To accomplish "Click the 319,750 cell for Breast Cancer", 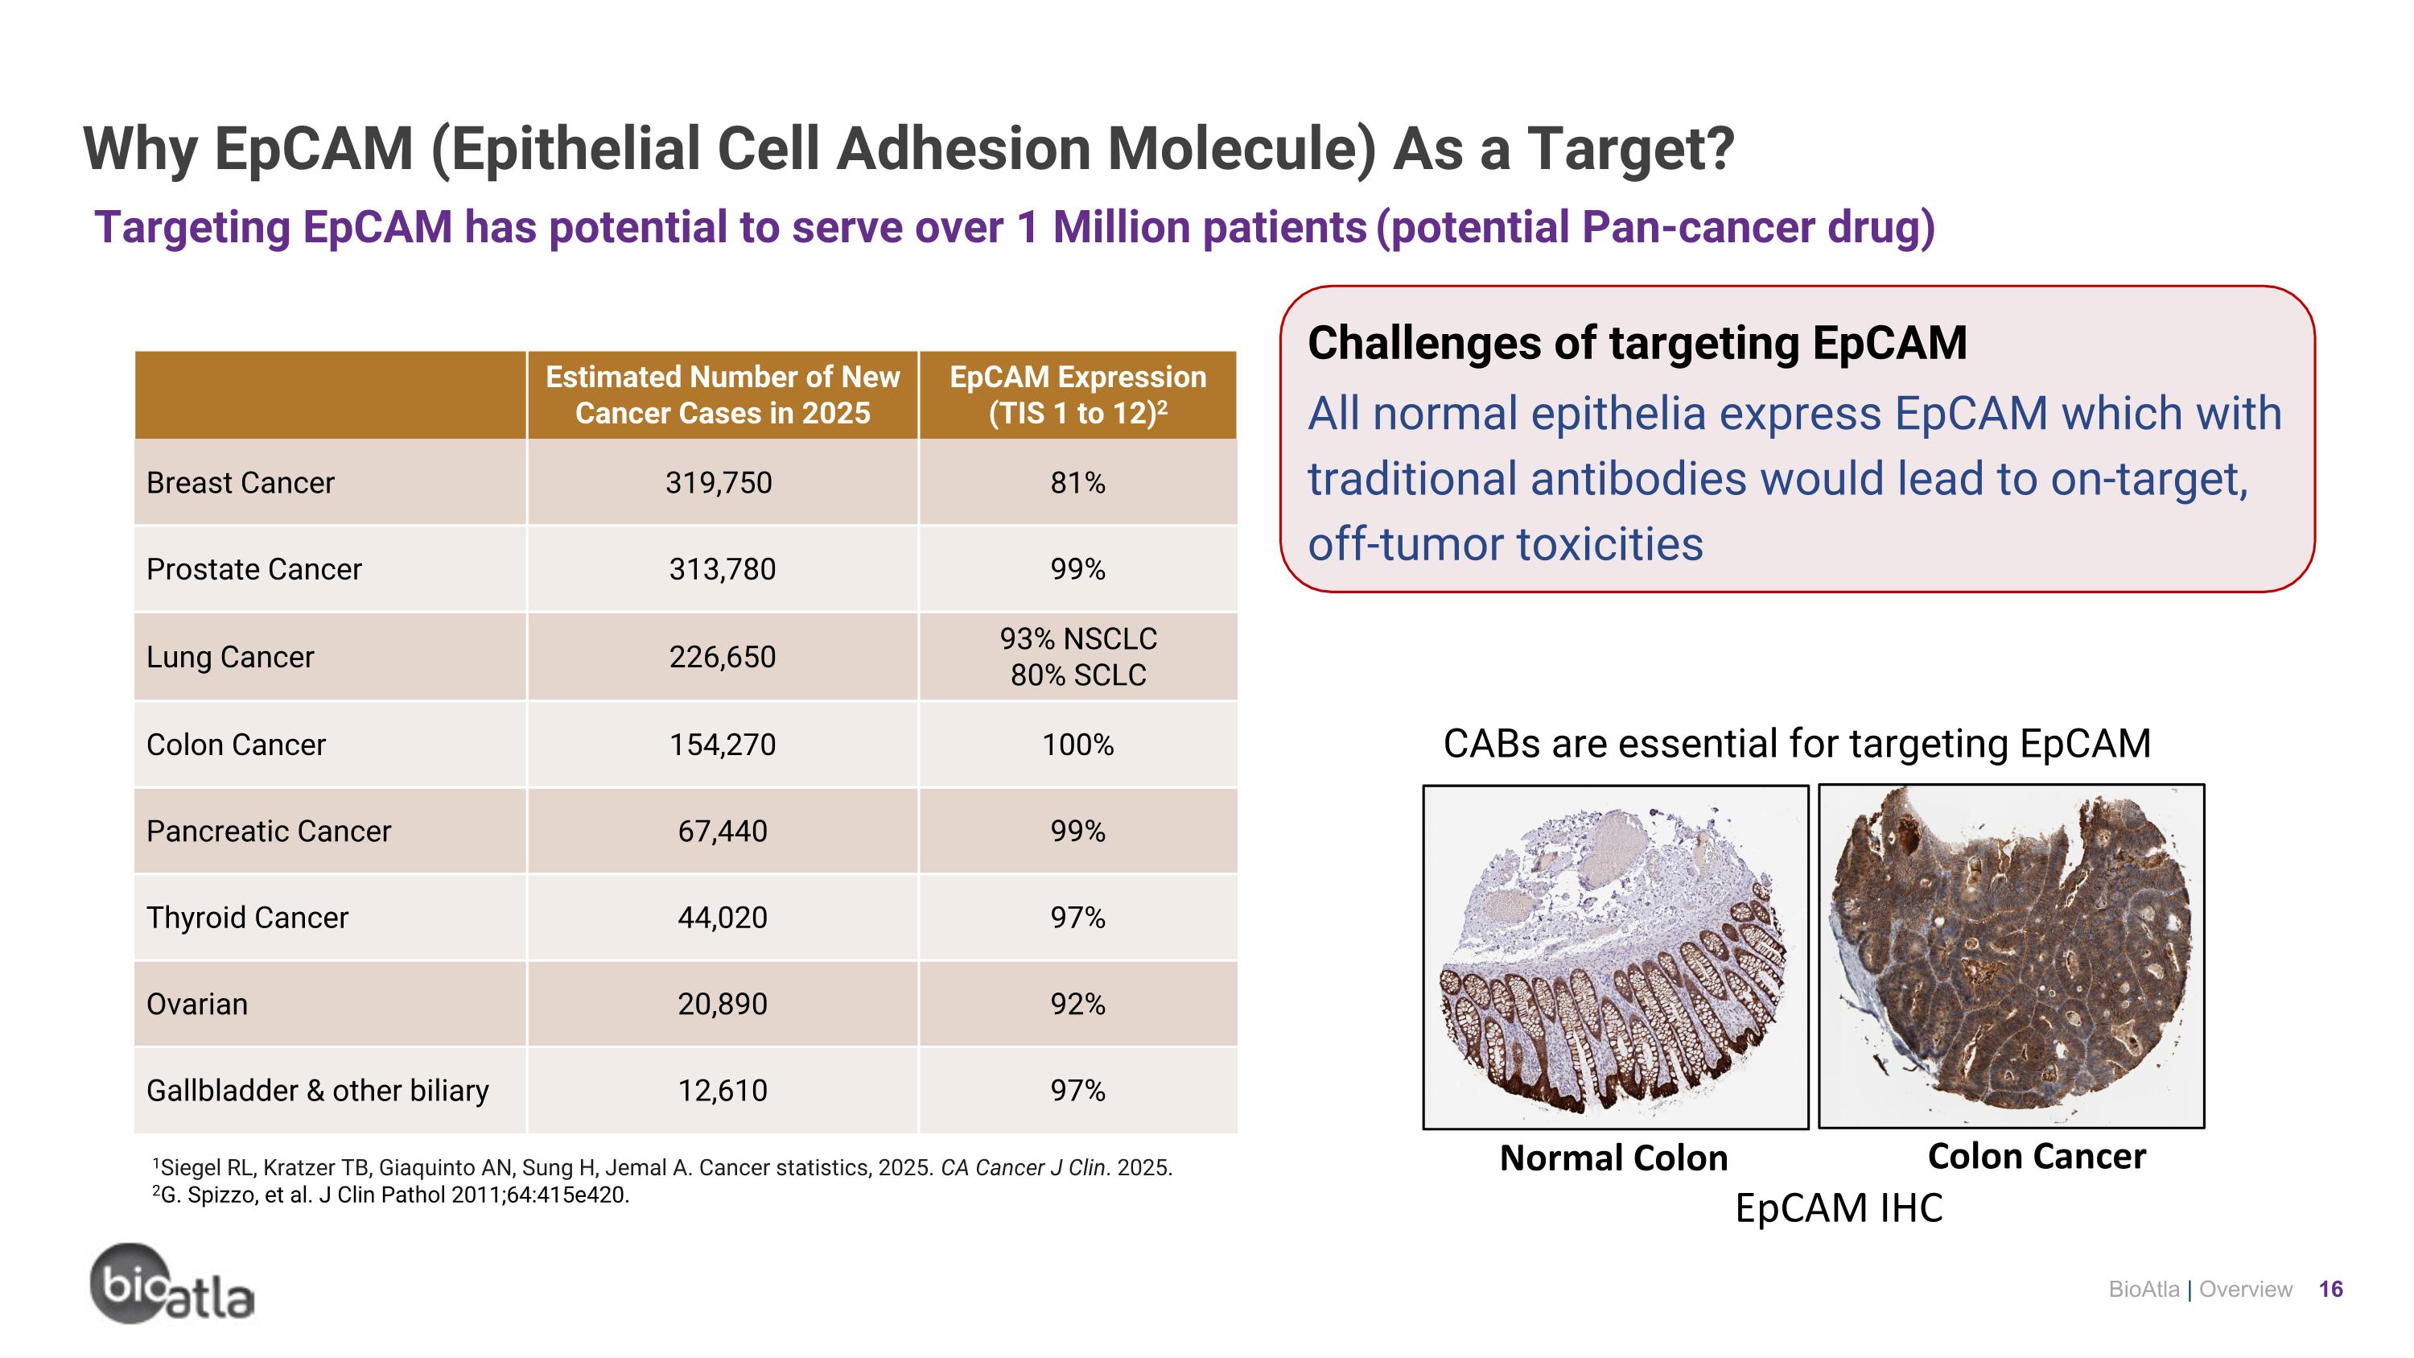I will click(x=719, y=483).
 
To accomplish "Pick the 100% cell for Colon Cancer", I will click(x=1077, y=744).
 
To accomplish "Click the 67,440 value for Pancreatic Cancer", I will click(x=722, y=831).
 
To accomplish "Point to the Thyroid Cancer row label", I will click(x=246, y=917).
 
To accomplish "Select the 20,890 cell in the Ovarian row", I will click(x=722, y=1004).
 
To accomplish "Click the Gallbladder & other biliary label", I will click(x=317, y=1090).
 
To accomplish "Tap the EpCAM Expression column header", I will click(x=1077, y=394).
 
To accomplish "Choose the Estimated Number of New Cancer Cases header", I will click(x=722, y=394).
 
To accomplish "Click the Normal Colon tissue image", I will click(x=1615, y=956).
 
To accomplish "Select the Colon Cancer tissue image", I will click(x=2011, y=956).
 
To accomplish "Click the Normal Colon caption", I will click(x=1613, y=1158).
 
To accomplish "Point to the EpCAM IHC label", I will click(x=1839, y=1208).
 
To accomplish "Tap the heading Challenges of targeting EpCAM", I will click(x=1636, y=343).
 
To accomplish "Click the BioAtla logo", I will click(x=171, y=1285).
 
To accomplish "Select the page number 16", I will click(x=2330, y=1290).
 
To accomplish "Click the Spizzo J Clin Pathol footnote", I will click(x=391, y=1195).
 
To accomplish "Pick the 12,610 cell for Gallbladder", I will click(x=722, y=1090).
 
